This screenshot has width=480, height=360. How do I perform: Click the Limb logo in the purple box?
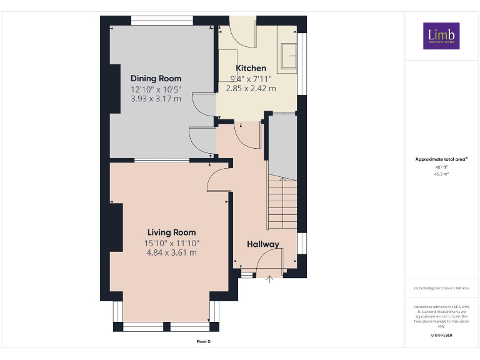click(441, 36)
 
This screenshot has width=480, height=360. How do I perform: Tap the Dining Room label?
click(156, 79)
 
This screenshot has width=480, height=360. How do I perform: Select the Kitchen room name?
click(251, 68)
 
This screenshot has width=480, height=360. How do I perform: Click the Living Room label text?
click(171, 232)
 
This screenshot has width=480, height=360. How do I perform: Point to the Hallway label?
click(262, 244)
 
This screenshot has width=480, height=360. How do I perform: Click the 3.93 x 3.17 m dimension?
click(156, 99)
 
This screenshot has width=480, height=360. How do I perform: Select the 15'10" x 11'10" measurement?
click(171, 243)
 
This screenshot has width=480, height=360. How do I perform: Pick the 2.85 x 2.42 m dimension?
click(251, 89)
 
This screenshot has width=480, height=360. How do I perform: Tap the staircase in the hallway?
click(282, 204)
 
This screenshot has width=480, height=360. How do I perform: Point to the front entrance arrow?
click(270, 279)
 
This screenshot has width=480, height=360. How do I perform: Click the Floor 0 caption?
click(204, 341)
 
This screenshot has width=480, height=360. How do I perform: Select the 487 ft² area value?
click(441, 167)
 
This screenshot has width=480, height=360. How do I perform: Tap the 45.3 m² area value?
click(441, 174)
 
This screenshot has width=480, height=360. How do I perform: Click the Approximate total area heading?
click(441, 159)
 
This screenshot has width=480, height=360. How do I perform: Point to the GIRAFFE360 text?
click(441, 336)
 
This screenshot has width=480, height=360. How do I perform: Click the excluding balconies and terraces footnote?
click(441, 288)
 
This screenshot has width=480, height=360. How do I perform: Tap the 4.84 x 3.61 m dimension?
click(171, 253)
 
